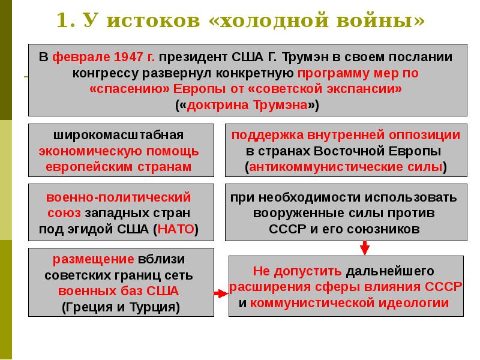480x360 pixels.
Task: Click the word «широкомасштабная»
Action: pyautogui.click(x=118, y=135)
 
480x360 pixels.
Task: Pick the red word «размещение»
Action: pyautogui.click(x=93, y=259)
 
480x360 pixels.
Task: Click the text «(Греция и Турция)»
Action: pyautogui.click(x=121, y=307)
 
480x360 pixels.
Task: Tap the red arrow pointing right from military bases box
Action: pyautogui.click(x=221, y=293)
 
